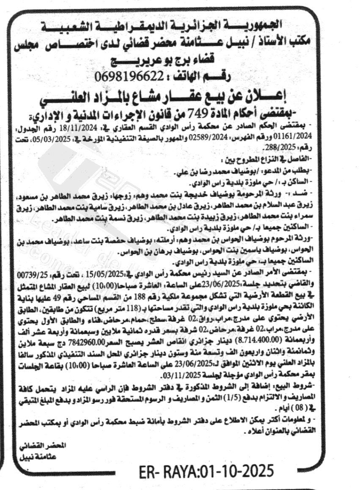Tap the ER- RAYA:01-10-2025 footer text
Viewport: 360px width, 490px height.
[206, 470]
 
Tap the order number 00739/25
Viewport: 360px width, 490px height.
[37, 272]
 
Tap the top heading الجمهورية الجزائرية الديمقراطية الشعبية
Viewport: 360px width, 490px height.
[180, 25]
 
